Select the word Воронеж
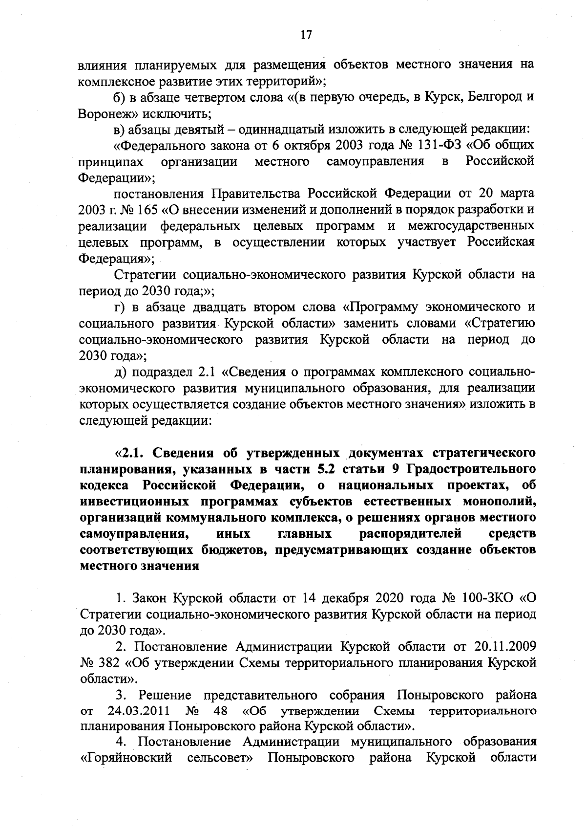point(103,113)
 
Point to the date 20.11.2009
point(505,646)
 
